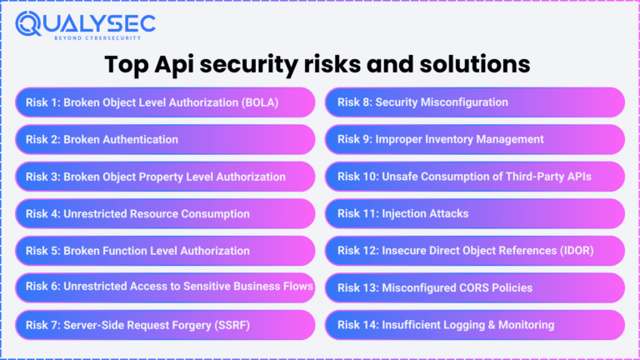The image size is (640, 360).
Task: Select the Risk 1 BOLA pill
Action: pyautogui.click(x=164, y=102)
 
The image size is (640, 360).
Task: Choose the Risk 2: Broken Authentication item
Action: pyautogui.click(x=164, y=139)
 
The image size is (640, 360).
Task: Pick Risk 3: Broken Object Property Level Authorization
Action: pyautogui.click(x=164, y=177)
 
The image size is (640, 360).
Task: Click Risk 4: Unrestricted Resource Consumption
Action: pyautogui.click(x=164, y=213)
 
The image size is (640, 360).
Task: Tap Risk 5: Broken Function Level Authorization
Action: pyautogui.click(x=164, y=250)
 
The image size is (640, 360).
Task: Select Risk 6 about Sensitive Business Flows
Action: pyautogui.click(x=164, y=287)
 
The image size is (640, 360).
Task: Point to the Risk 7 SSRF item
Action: pyautogui.click(x=164, y=324)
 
